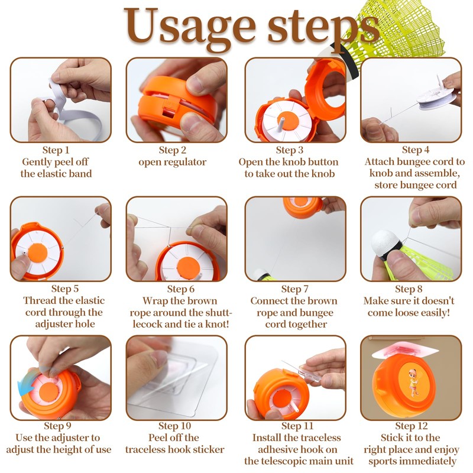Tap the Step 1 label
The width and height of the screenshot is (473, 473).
coord(56,150)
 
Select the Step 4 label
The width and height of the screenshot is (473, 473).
coord(416,150)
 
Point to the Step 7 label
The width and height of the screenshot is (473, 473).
coord(294,289)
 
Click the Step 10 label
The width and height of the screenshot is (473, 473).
coord(174,426)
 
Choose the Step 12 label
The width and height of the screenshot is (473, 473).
coord(412,426)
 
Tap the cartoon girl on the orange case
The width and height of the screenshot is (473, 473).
coord(413,383)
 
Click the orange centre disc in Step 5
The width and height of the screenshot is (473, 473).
coord(38,253)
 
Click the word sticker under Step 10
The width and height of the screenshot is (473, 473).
coord(209,449)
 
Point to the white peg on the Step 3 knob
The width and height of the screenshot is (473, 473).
coord(282,123)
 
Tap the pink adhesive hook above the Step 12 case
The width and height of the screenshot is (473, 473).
coord(405,350)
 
